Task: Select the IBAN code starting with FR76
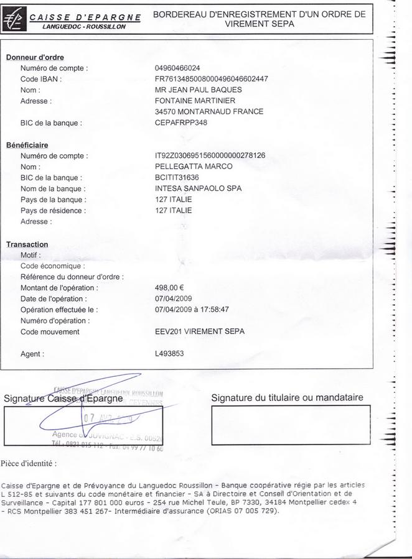coord(211,79)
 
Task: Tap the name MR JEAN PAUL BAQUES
coord(198,90)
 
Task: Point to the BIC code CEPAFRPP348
coord(180,123)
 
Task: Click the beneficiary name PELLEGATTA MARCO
coord(194,167)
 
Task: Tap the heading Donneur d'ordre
coord(35,57)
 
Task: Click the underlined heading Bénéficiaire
coord(27,145)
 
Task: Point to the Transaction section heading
coord(27,244)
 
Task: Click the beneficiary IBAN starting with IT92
coord(210,155)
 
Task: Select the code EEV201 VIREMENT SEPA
coord(199,331)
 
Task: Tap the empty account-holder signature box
coord(291,425)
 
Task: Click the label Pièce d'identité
coord(29,463)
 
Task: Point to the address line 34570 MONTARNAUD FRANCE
coord(208,112)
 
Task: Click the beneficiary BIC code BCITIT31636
coord(177,178)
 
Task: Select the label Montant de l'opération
coord(59,288)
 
